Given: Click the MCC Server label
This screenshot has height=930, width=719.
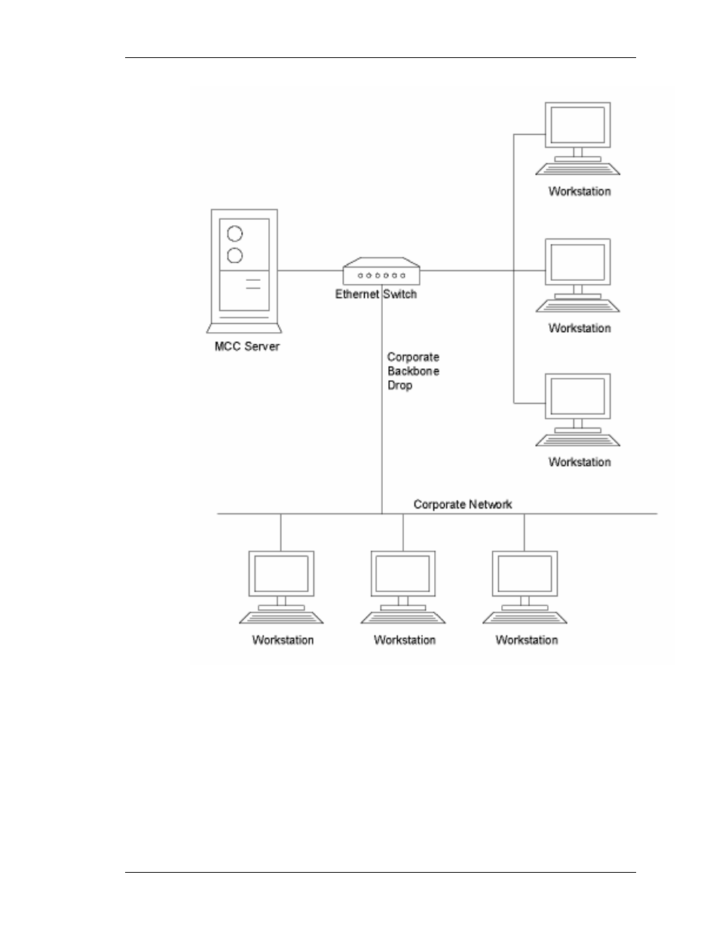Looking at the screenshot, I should tap(246, 346).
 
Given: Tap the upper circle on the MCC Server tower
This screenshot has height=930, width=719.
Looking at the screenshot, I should tap(234, 233).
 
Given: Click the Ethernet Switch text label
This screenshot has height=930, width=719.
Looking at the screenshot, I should tap(375, 294).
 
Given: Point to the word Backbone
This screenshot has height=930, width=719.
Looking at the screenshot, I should tap(413, 371).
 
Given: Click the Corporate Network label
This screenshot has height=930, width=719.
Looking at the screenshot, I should tap(462, 505).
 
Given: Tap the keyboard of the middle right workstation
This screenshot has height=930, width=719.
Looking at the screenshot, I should tap(577, 305).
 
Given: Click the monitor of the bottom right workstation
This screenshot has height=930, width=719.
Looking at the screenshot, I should tap(577, 396).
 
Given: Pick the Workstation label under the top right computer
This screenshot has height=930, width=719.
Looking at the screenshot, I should tap(579, 191).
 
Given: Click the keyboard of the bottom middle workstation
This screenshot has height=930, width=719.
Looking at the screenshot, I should tap(403, 617).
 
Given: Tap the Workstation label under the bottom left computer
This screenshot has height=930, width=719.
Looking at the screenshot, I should tap(283, 640).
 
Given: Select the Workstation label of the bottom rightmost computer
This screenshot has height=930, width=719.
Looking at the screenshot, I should tap(526, 640).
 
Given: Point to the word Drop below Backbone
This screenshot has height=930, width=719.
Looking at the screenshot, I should tap(399, 386).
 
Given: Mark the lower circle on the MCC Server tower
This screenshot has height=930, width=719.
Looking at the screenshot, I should tap(234, 256).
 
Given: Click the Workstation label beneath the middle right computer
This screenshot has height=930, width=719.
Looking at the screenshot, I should tap(579, 328).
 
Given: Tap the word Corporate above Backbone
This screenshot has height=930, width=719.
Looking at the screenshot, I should tap(413, 357).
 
